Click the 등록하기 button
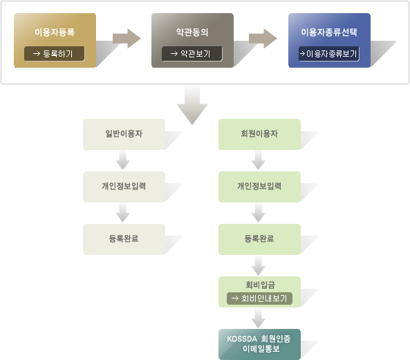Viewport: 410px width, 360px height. [55, 54]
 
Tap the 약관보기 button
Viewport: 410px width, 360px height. [192, 54]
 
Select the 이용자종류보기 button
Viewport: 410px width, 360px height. [329, 54]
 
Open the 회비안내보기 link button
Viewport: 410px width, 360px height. [259, 299]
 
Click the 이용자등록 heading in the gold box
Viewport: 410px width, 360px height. [55, 32]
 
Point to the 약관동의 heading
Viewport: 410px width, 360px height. [192, 32]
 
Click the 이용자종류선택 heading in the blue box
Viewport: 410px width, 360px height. [329, 32]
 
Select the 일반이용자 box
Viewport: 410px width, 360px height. [124, 134]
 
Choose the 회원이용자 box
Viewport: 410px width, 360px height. [259, 134]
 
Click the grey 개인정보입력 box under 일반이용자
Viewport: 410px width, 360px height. [124, 187]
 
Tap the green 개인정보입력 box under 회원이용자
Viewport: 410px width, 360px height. [259, 187]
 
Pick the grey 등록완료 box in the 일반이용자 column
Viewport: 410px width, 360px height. [124, 239]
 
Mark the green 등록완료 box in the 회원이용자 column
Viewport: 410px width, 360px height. [259, 239]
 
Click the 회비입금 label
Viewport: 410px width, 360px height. [260, 285]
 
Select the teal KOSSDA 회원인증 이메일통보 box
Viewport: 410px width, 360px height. [259, 344]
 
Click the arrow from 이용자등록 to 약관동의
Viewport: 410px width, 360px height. [127, 39]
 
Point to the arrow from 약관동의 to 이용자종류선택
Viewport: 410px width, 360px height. [263, 39]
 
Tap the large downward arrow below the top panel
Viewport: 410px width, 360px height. [192, 104]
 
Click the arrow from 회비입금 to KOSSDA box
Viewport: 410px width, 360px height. [259, 318]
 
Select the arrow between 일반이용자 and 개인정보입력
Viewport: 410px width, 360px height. [123, 160]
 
